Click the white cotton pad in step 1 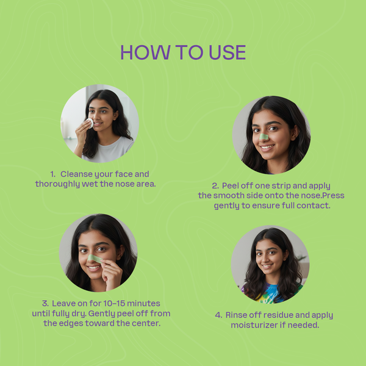90,123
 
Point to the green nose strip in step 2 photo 264,137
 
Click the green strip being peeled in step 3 95,259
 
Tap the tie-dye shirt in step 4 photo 271,293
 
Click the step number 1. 52,174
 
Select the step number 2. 215,186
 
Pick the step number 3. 45,303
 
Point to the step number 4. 218,315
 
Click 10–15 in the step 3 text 114,303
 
